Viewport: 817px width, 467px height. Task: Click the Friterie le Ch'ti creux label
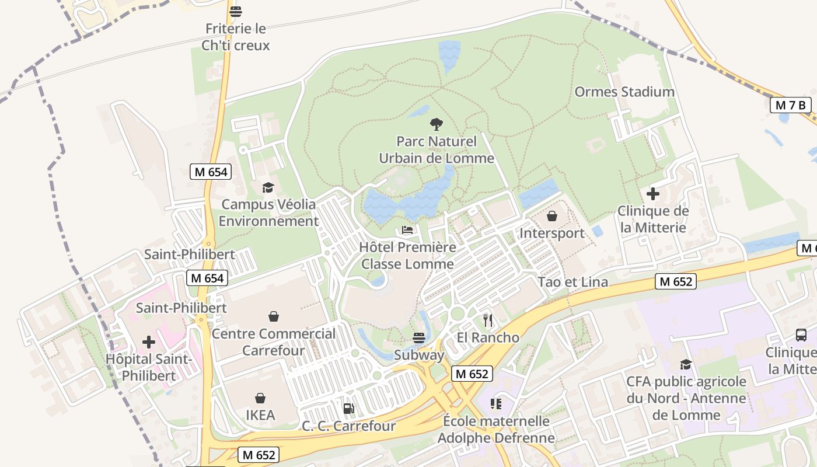tap(236, 37)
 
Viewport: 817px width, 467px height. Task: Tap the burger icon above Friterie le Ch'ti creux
tap(236, 11)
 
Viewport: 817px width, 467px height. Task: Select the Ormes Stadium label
tap(624, 92)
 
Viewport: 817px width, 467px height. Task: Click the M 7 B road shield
tap(791, 105)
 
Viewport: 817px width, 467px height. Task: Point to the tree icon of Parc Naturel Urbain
tap(436, 124)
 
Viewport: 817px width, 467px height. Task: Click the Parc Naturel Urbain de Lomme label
tap(437, 150)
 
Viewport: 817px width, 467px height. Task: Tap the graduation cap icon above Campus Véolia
tap(268, 187)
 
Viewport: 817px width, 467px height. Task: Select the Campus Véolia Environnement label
tap(268, 213)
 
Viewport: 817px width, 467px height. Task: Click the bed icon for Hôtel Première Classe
tap(407, 230)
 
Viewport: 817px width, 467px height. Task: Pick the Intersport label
tap(552, 233)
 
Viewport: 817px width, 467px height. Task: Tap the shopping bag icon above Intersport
tap(552, 217)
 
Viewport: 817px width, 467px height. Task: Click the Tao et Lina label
tap(573, 282)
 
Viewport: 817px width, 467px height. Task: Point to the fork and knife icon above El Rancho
tap(488, 320)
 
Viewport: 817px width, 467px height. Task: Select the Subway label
tap(419, 355)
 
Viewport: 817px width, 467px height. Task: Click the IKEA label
tap(260, 415)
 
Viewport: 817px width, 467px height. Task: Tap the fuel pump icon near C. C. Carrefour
tap(348, 409)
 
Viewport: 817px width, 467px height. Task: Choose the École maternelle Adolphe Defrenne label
tap(496, 429)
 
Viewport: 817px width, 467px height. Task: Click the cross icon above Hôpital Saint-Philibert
tap(149, 341)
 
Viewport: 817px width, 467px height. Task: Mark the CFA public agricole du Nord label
tap(686, 398)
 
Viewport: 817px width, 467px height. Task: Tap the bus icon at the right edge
tap(801, 335)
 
